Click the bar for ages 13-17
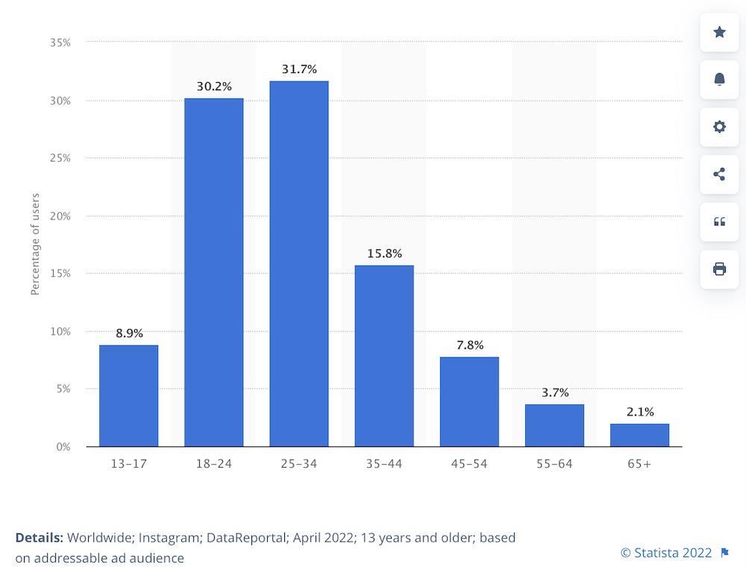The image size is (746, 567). [128, 395]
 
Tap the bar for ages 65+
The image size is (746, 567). [639, 435]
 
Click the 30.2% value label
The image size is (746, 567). [214, 87]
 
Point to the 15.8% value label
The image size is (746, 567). [384, 254]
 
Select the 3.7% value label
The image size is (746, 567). [554, 392]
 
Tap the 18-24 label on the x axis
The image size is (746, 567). [213, 464]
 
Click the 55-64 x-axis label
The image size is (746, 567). [554, 464]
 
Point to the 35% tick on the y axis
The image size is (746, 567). [60, 43]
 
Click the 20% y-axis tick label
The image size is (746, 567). [60, 216]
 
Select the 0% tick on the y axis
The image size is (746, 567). [63, 447]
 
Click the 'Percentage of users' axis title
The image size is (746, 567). [35, 244]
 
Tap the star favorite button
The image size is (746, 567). [719, 32]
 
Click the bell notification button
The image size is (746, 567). [719, 79]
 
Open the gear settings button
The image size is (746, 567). [719, 127]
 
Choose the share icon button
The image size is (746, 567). [719, 175]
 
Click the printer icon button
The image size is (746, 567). [719, 269]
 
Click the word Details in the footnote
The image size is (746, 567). [39, 537]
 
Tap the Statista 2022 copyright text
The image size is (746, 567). [666, 553]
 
